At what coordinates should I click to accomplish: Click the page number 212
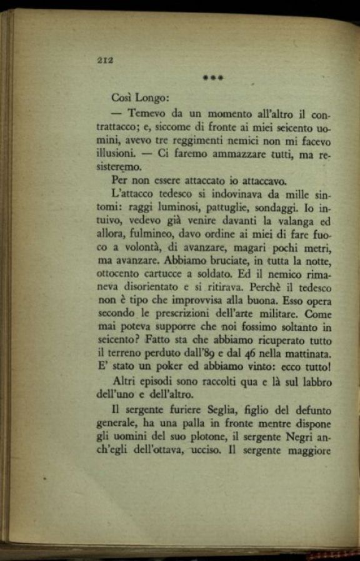pyautogui.click(x=104, y=60)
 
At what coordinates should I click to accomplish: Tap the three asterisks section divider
pyautogui.click(x=213, y=79)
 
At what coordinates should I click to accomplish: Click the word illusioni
pyautogui.click(x=116, y=153)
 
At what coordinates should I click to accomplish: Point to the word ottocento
pyautogui.click(x=121, y=274)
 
